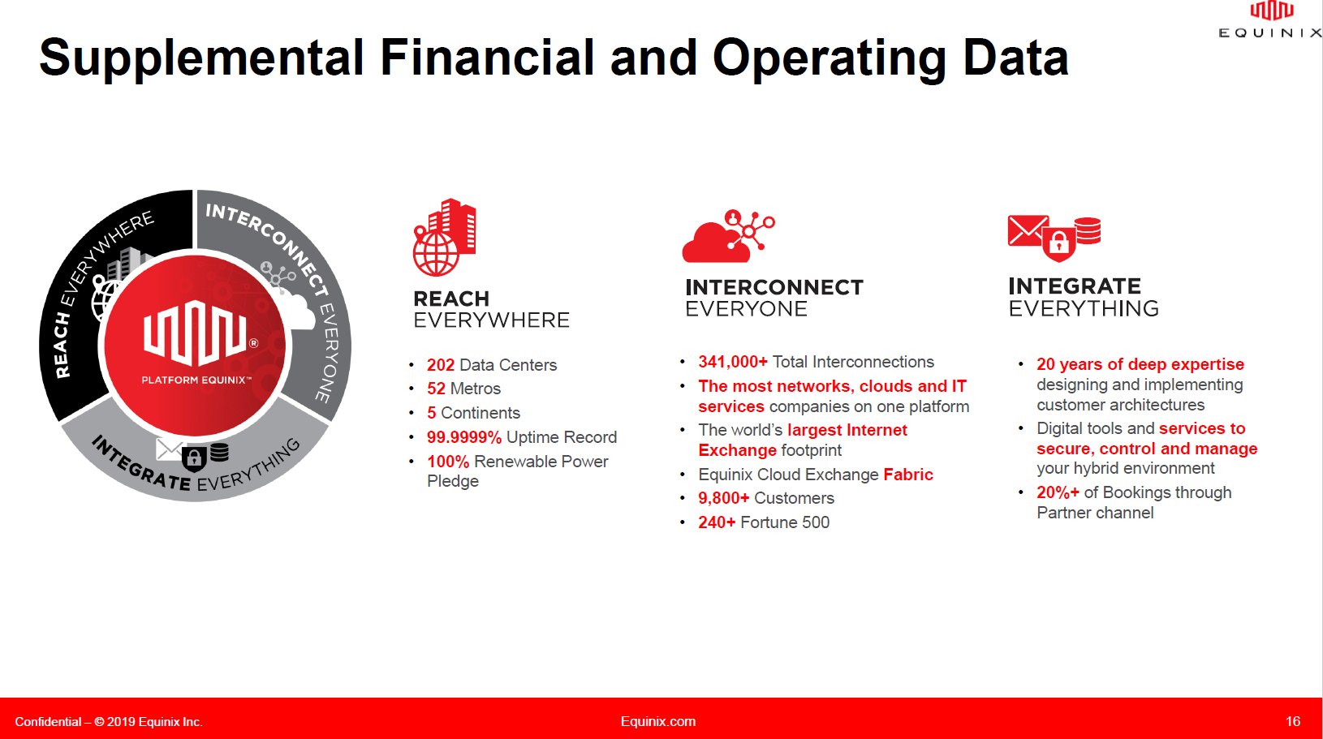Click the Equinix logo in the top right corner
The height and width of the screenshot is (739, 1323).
click(x=1271, y=20)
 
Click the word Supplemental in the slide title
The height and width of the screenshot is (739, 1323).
click(x=201, y=58)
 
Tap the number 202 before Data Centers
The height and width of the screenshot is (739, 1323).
click(x=441, y=365)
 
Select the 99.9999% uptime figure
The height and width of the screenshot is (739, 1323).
click(x=463, y=437)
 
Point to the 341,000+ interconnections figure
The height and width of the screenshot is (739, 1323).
click(x=732, y=362)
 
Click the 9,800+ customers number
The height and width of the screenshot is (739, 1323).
click(x=723, y=498)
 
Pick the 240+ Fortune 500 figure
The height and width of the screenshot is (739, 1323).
click(x=717, y=522)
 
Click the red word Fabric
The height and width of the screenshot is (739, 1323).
click(x=907, y=475)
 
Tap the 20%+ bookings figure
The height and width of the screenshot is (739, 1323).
click(x=1058, y=492)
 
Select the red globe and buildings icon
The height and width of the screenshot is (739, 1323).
click(x=444, y=238)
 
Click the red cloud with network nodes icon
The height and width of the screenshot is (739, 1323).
click(x=728, y=237)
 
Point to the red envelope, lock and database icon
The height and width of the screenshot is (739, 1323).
click(x=1054, y=238)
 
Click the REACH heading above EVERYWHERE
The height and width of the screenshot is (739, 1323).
click(x=451, y=299)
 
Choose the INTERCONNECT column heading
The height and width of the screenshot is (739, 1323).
click(x=774, y=287)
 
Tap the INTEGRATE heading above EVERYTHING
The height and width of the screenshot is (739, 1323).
click(x=1074, y=286)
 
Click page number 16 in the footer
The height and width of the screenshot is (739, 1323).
click(x=1292, y=721)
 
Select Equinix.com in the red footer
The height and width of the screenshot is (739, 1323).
click(x=657, y=721)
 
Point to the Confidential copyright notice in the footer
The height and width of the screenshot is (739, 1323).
click(x=109, y=722)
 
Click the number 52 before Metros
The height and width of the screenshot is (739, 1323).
click(x=436, y=389)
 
